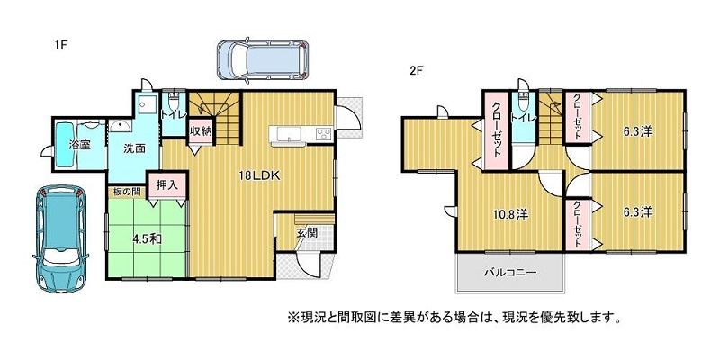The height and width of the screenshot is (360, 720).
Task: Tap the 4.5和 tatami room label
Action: pos(148,238)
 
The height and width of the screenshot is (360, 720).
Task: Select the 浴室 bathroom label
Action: pos(79,145)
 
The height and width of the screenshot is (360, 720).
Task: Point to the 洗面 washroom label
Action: pos(134,148)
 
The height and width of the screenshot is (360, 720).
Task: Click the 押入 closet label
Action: pos(167,185)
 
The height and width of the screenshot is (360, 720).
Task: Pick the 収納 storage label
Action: pos(201,130)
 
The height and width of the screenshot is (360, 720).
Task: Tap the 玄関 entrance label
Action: pos(307,233)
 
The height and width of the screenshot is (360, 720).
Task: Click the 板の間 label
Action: pos(123,192)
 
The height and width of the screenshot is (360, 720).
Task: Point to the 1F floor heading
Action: pos(60,46)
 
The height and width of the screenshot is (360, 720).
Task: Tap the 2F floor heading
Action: pos(416,71)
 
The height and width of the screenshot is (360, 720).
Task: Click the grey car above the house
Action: pos(262,60)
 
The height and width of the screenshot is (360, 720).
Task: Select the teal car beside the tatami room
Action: pos(60,238)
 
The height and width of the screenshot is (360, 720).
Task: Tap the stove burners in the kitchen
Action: pos(324,133)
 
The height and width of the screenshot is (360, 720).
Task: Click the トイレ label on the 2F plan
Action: pos(523,118)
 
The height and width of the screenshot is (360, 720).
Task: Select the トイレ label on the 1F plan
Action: pos(173,114)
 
